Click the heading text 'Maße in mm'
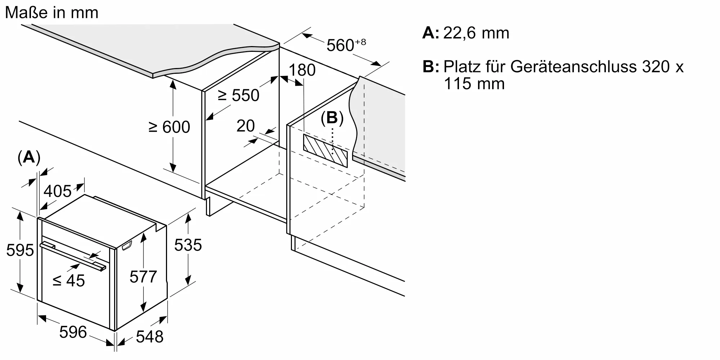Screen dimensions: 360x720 point(52,13)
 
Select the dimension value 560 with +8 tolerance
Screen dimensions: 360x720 point(346,45)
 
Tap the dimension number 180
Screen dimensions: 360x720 point(302,70)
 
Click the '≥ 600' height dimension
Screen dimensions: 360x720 point(170,127)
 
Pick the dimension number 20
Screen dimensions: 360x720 point(246,126)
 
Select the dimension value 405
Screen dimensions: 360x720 point(58,191)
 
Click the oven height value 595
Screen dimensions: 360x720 point(20,250)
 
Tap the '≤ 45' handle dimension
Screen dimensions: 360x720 point(69,281)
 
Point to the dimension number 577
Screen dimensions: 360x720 point(143,277)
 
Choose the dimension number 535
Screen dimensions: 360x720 point(188,245)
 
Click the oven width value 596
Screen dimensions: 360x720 point(73,332)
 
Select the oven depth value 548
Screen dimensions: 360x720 point(150,337)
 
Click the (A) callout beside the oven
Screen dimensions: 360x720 point(29,158)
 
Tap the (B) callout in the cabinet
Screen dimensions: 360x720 point(332,118)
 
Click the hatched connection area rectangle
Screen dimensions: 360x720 point(325,150)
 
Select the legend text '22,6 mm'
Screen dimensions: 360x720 point(476,33)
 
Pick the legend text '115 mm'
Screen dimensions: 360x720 point(474,84)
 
